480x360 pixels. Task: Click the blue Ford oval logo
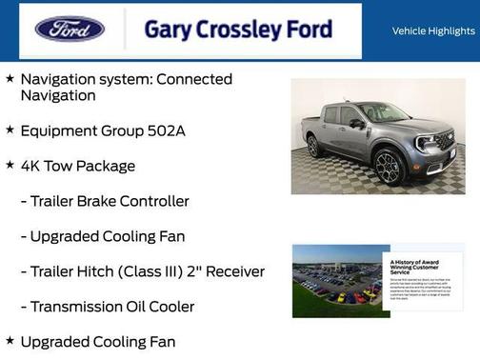click(70, 30)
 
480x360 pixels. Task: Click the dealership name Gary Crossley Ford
click(238, 30)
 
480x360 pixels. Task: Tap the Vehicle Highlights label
click(433, 31)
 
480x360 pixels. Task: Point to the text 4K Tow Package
click(78, 166)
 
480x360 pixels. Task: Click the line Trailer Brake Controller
click(109, 201)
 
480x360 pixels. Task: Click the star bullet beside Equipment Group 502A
click(10, 130)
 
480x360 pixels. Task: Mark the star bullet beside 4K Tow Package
click(10, 165)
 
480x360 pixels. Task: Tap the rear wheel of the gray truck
click(313, 147)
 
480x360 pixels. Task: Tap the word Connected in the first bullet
click(193, 79)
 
